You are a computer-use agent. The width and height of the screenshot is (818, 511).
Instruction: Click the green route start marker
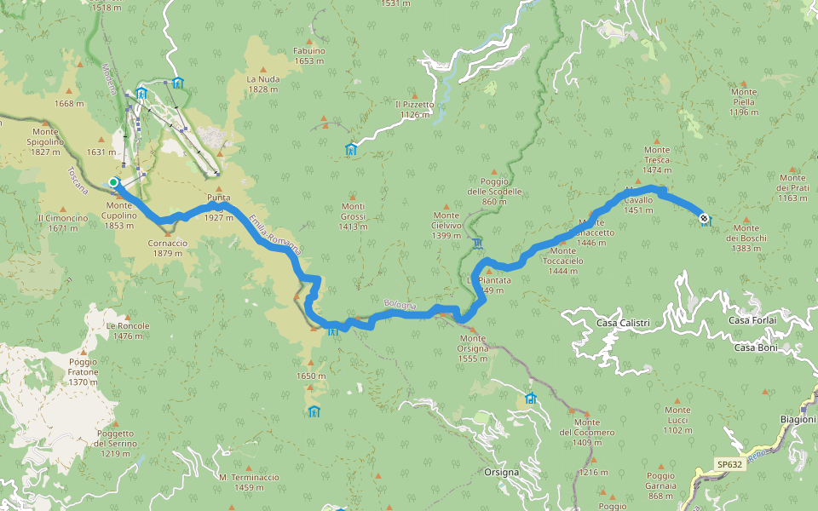[x=113, y=181]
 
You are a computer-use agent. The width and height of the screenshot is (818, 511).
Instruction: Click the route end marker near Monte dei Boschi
[x=703, y=218]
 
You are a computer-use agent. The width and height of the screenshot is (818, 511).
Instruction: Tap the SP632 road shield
[x=729, y=465]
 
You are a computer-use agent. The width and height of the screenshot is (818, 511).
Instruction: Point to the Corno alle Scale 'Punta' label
[x=218, y=198]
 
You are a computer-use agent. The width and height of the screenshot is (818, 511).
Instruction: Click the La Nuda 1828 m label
[x=262, y=83]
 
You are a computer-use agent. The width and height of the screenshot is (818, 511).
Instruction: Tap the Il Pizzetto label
[x=414, y=109]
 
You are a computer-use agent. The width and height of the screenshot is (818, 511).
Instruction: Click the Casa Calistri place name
[x=623, y=323]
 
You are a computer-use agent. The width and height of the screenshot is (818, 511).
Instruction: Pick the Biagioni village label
[x=798, y=420]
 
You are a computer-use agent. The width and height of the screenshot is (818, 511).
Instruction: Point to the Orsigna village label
[x=501, y=472]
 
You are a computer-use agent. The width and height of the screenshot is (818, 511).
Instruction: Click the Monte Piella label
[x=743, y=101]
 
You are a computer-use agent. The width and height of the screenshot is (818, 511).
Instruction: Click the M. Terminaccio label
[x=248, y=482]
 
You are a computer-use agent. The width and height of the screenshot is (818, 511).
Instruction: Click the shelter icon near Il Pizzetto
[x=350, y=150]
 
